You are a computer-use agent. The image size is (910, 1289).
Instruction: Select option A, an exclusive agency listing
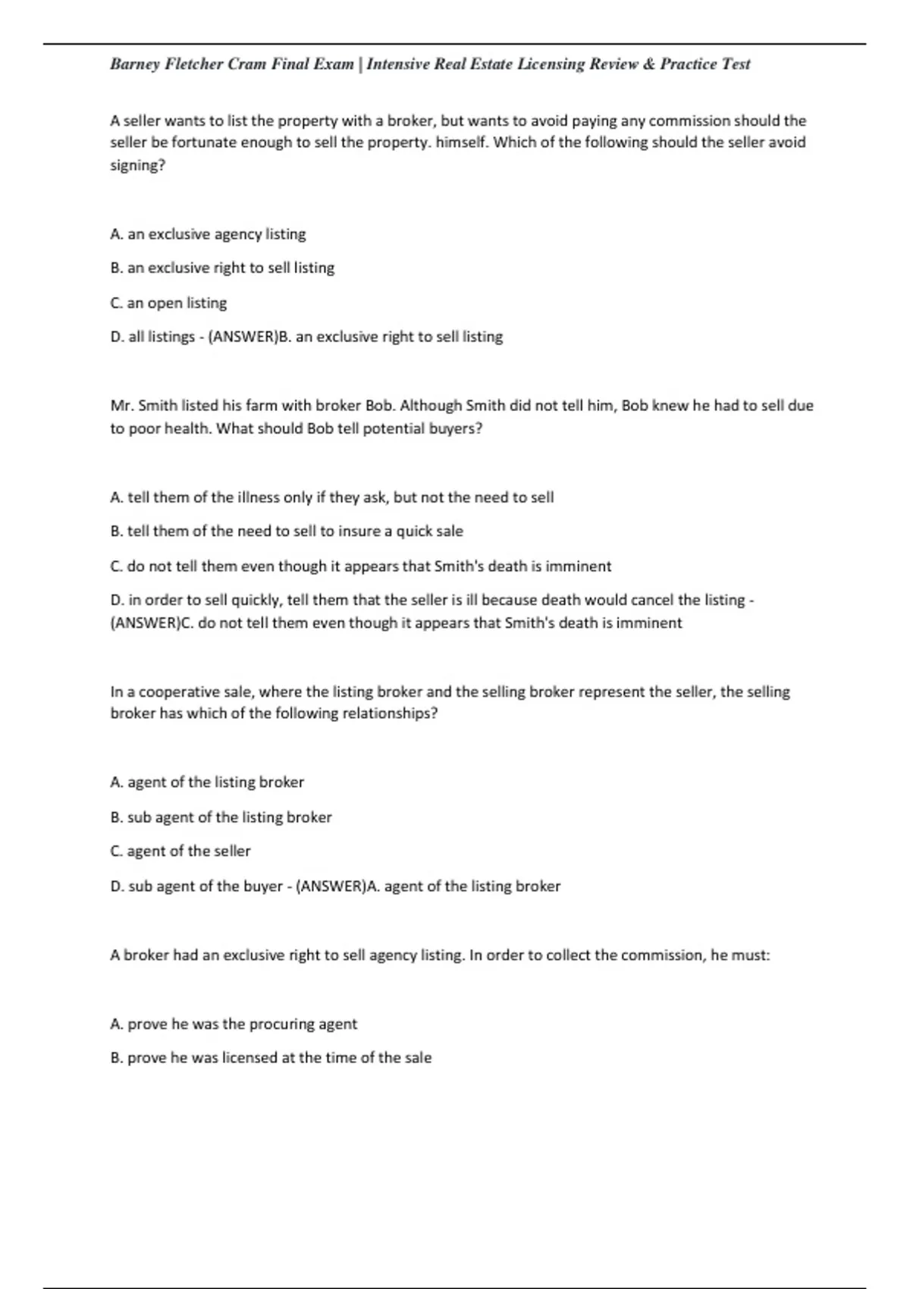pyautogui.click(x=208, y=234)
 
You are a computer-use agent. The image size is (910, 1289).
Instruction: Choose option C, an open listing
pyautogui.click(x=168, y=303)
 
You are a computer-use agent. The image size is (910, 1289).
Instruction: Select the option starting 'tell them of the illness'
pyautogui.click(x=331, y=497)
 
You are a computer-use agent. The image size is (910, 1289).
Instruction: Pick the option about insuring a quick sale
pyautogui.click(x=287, y=532)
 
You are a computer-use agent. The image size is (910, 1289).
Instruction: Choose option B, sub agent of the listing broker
pyautogui.click(x=221, y=817)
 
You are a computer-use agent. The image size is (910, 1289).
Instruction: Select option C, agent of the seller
pyautogui.click(x=180, y=851)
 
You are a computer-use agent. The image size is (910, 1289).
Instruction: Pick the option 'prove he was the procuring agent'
pyautogui.click(x=234, y=1024)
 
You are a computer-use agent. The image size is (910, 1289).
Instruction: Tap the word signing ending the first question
pyautogui.click(x=136, y=165)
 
